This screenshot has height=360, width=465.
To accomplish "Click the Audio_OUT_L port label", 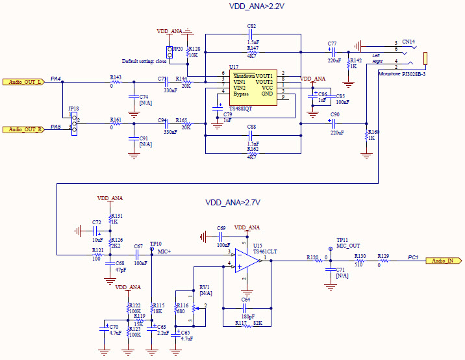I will pyautogui.click(x=24, y=82).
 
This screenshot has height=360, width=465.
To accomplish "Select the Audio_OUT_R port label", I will pyautogui.click(x=24, y=129).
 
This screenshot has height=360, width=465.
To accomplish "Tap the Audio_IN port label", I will pyautogui.click(x=443, y=261).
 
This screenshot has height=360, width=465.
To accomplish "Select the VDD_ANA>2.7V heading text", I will pyautogui.click(x=232, y=203).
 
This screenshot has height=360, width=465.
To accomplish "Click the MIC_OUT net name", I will pyautogui.click(x=348, y=246).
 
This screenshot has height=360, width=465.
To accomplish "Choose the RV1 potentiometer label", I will pyautogui.click(x=205, y=287).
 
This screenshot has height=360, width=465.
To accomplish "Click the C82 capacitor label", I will pyautogui.click(x=251, y=25).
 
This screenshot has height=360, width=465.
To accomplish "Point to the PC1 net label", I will pyautogui.click(x=412, y=257).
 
